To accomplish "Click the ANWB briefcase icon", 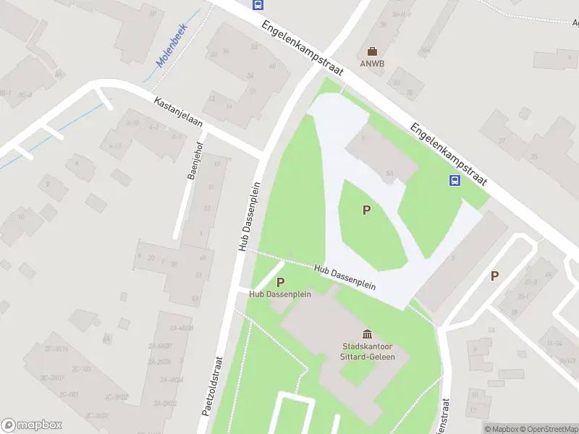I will pos(372,51).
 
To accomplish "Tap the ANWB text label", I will pos(372,63).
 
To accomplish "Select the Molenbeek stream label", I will pos(172,51).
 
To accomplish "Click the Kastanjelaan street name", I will pos(178,114).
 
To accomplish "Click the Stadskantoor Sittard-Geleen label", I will pos(366,351).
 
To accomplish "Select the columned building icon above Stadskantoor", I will pos(367,333).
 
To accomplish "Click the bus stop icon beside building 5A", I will pos(455,181).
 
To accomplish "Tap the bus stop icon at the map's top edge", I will pos(258,4).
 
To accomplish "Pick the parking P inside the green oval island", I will pos(367,210).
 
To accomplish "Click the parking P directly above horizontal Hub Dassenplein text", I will pos(280,282).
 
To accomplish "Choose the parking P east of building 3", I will pos(495,275).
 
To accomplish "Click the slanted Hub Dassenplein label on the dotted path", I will pos(345,277).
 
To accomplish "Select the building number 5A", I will pos(389,174).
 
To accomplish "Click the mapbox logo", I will pos(32,425).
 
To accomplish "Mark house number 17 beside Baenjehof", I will pos(218,165).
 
